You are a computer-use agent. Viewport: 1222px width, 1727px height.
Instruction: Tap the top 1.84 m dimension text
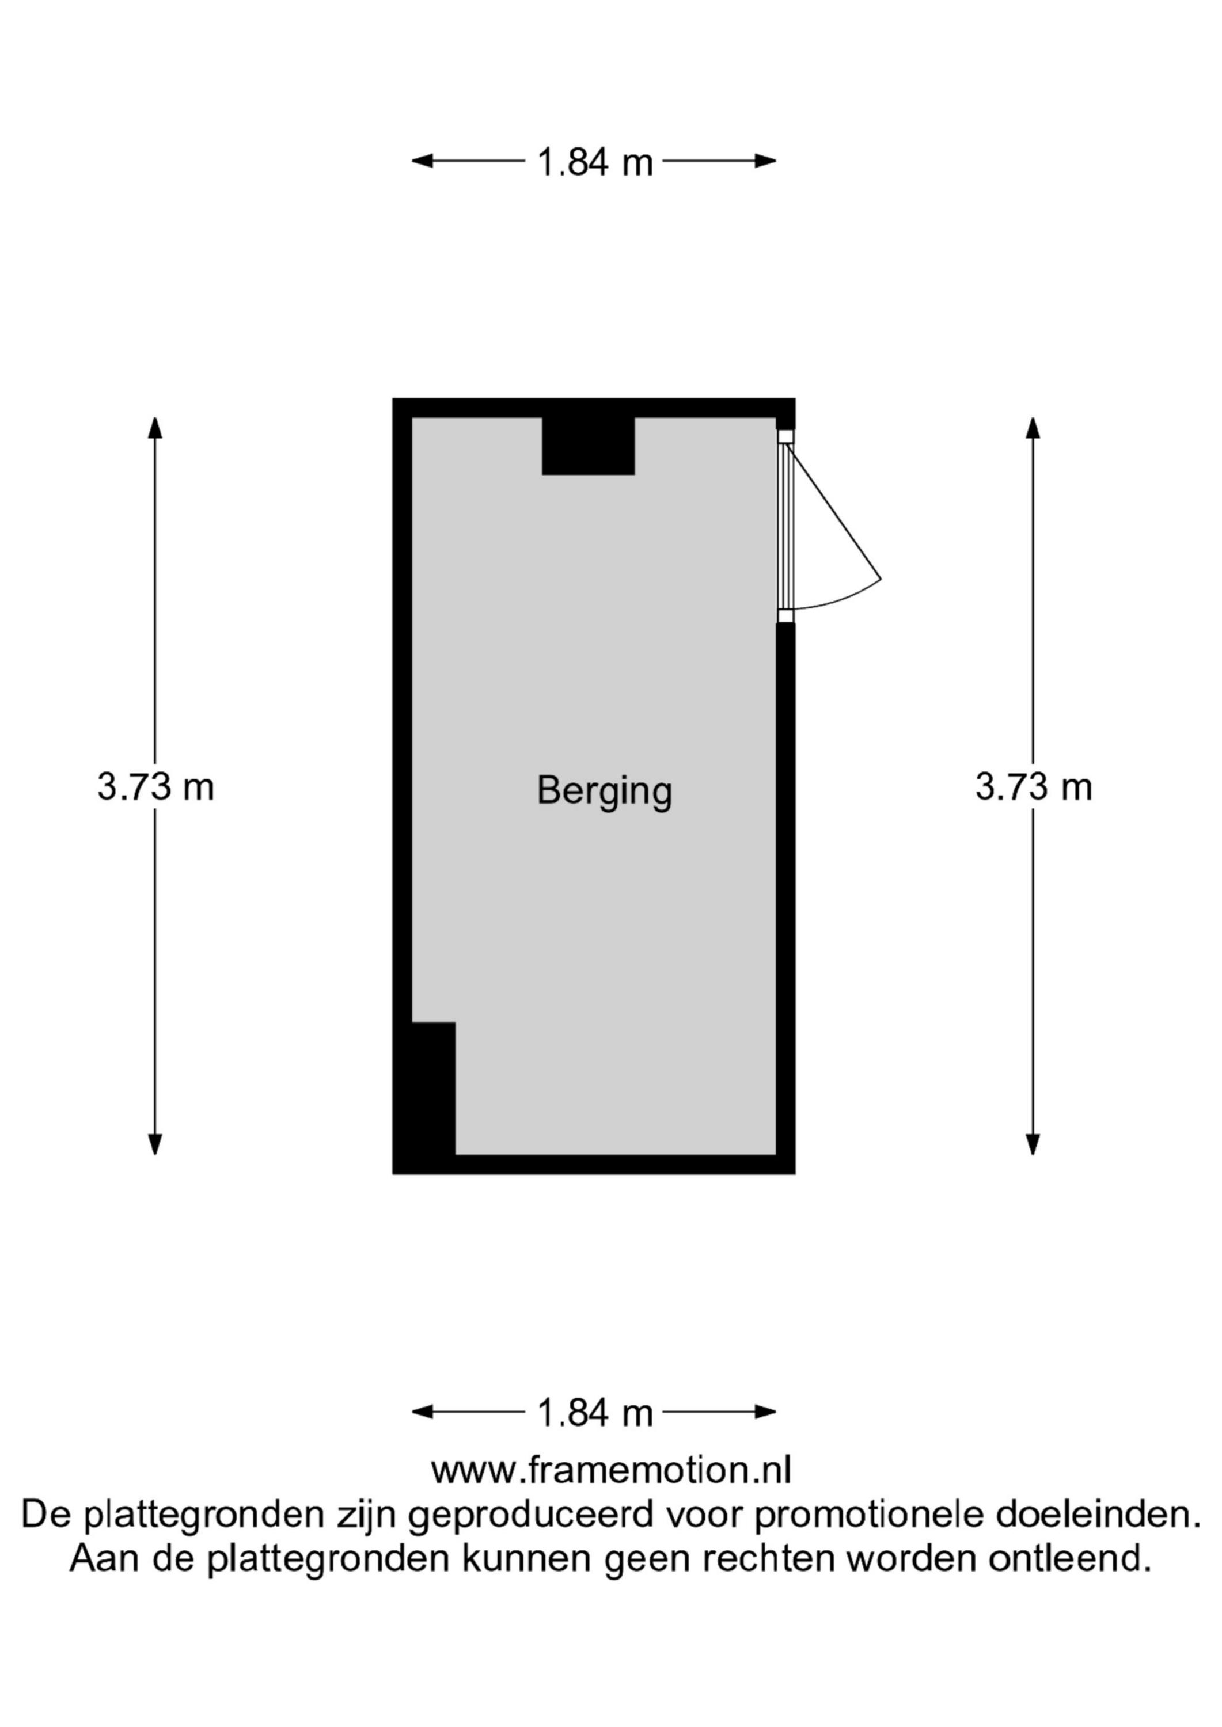(x=594, y=162)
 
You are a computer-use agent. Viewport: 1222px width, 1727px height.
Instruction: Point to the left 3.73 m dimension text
(x=155, y=788)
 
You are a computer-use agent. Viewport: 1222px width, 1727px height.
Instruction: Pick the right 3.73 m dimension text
(x=1034, y=788)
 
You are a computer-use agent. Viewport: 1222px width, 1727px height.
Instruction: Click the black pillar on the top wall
(x=589, y=446)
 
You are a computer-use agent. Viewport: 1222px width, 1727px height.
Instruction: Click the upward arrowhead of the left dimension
(x=155, y=427)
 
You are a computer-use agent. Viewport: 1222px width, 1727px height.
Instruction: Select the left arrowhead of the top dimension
(x=422, y=160)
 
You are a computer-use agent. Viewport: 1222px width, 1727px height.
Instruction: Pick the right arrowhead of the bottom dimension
(x=765, y=1412)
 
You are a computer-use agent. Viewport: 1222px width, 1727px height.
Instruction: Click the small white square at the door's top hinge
(x=785, y=436)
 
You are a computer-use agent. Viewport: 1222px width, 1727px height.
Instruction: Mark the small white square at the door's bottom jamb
(x=785, y=617)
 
